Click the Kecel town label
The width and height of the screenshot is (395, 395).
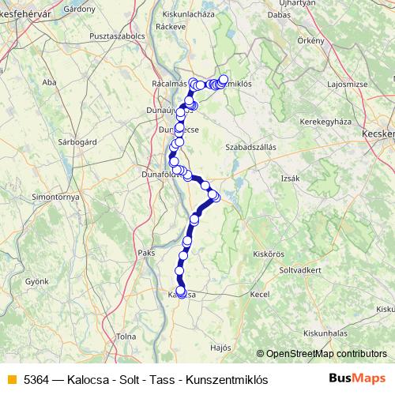click(x=260, y=294)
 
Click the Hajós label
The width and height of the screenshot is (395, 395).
click(x=222, y=347)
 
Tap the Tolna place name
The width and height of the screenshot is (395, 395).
click(x=126, y=337)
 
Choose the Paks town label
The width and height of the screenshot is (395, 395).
click(x=145, y=253)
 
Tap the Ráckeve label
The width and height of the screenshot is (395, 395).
click(x=171, y=47)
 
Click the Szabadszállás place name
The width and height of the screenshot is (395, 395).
click(x=255, y=146)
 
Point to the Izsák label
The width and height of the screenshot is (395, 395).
click(x=291, y=179)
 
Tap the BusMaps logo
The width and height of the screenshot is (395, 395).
click(x=355, y=378)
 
